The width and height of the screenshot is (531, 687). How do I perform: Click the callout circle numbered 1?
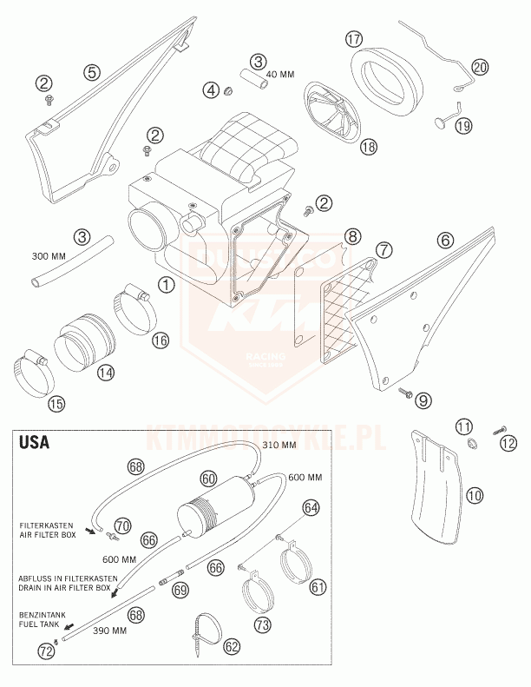pyautogui.click(x=164, y=283)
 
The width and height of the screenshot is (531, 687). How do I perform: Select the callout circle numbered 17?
pyautogui.click(x=353, y=39)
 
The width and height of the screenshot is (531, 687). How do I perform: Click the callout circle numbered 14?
pyautogui.click(x=106, y=373)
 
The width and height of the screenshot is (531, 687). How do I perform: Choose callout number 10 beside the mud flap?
pyautogui.click(x=475, y=496)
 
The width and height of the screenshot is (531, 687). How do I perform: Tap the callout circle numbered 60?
pyautogui.click(x=207, y=479)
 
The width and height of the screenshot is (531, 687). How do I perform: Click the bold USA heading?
pyautogui.click(x=34, y=443)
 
